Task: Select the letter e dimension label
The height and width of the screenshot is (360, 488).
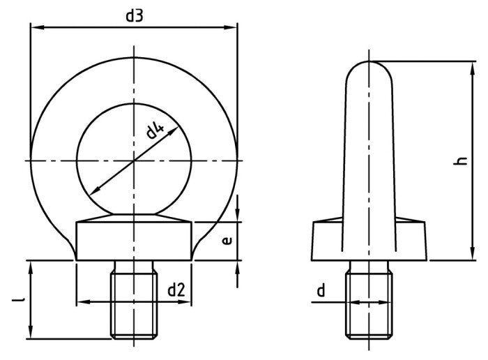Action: [x=227, y=241]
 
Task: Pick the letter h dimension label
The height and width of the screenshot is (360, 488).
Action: [x=459, y=161]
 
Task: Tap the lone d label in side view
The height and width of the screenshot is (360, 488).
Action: [x=321, y=291]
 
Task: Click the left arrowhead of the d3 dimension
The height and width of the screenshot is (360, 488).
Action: [x=33, y=28]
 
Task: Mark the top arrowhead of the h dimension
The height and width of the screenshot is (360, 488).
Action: [x=471, y=64]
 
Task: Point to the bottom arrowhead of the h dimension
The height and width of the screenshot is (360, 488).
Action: [x=471, y=257]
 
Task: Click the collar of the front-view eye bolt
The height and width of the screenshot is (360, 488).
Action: [x=134, y=239]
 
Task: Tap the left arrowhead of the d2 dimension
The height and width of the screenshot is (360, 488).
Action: [x=81, y=302]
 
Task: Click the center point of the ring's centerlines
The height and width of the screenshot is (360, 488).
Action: [x=134, y=161]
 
